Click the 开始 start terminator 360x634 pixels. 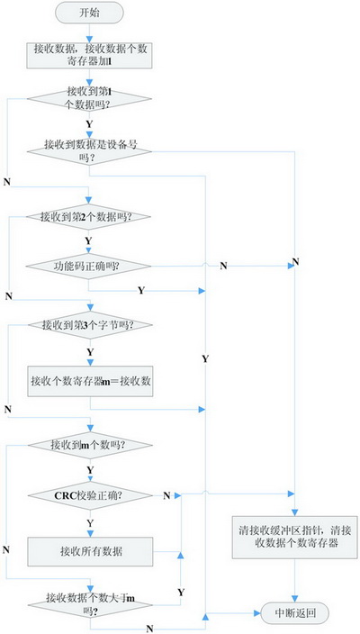89,12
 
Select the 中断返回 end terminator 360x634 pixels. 294,613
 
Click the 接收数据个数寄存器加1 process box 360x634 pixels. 89,56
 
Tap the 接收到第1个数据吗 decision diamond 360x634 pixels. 89,99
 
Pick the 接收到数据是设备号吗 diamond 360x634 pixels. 89,150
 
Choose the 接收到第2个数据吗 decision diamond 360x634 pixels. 89,217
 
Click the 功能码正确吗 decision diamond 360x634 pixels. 88,267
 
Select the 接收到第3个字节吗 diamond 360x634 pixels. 90,325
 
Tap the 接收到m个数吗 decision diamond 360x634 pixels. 90,445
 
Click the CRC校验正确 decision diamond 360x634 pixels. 90,495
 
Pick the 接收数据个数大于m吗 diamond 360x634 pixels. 90,605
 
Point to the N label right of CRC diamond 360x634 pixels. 166,495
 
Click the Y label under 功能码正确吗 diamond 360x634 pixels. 141,291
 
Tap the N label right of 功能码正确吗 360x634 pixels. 223,266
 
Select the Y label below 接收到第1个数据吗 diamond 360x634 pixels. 89,122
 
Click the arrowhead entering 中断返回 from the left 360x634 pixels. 257,613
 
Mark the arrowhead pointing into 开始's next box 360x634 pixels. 89,40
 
